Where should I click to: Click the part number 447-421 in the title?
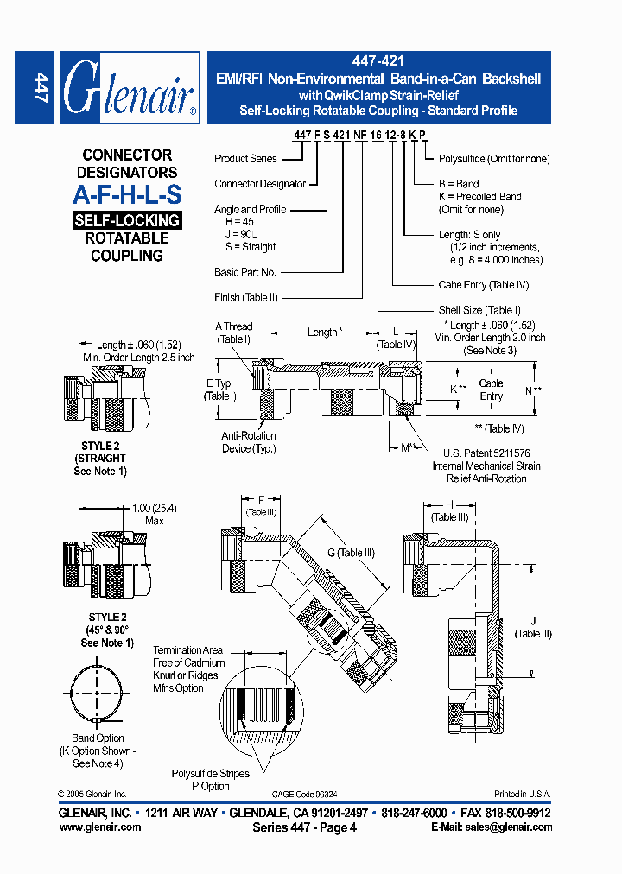378,62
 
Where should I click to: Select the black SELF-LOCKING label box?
127,220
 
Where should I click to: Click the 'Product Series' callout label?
245,159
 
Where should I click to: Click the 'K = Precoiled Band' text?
480,197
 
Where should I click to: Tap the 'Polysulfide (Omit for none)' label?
494,159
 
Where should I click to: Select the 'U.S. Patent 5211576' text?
486,453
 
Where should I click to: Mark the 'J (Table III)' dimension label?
532,627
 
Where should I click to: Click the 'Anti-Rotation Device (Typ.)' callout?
248,442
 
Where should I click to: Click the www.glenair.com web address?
100,827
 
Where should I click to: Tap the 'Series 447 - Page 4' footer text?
304,827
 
